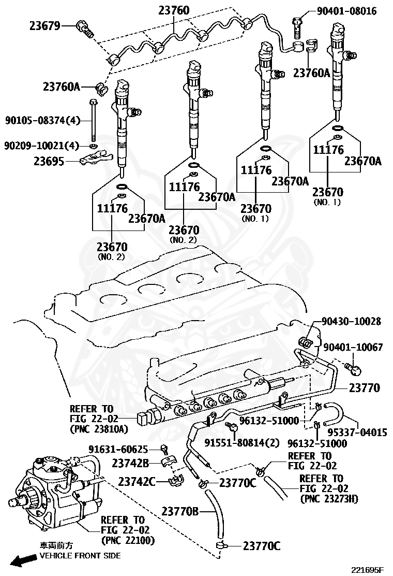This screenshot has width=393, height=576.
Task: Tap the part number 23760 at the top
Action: click(174, 10)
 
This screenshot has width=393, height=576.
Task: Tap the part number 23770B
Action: click(180, 512)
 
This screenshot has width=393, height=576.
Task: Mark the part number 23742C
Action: click(137, 482)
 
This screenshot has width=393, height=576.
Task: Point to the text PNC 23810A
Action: click(98, 429)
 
